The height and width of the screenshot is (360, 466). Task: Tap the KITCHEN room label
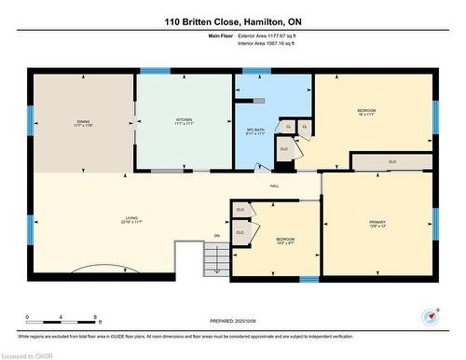[184, 120]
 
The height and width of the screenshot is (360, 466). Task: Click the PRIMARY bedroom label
[377, 221]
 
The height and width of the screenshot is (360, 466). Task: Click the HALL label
[276, 187]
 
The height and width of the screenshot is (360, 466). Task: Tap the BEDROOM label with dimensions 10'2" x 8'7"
[285, 240]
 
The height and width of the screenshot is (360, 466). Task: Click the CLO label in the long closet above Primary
[391, 161]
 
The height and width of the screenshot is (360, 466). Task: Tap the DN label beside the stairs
[216, 235]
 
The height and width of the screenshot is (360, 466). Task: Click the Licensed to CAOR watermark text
[28, 353]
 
